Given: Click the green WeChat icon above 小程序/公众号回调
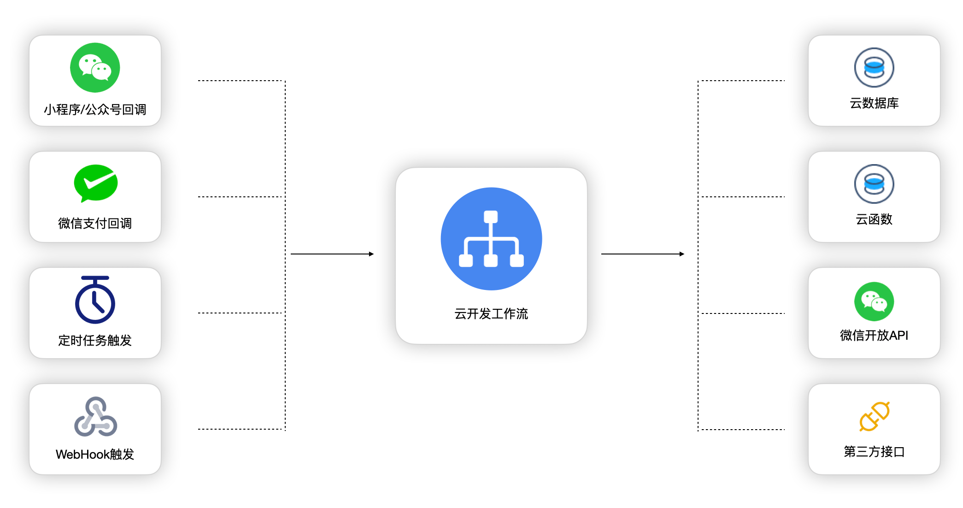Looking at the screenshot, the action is point(95,68).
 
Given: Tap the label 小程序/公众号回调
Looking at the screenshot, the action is point(95,110).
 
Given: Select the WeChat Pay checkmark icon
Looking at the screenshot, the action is point(96,183).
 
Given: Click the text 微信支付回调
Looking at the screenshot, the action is point(95,224).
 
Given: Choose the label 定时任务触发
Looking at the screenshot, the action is point(95,340).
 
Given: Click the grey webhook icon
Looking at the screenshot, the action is point(95,417).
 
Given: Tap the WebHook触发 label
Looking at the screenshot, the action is point(95,455).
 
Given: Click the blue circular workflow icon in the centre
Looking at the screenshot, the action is point(491,239).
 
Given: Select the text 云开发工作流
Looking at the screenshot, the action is point(491,314).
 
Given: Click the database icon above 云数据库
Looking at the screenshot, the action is point(874,68).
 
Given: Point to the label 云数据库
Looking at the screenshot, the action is point(874,103).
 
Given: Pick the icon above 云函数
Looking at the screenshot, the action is point(874,184).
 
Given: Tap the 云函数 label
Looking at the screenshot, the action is point(874,219).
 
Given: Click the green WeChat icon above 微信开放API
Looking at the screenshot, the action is point(874,301).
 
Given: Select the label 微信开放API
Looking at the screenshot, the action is point(874,336).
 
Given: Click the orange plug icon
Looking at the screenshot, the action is point(874,416).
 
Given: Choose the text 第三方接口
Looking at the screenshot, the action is point(874,452).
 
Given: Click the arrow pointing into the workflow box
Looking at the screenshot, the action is point(332,254).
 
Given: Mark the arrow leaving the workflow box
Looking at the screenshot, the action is point(643,254).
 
